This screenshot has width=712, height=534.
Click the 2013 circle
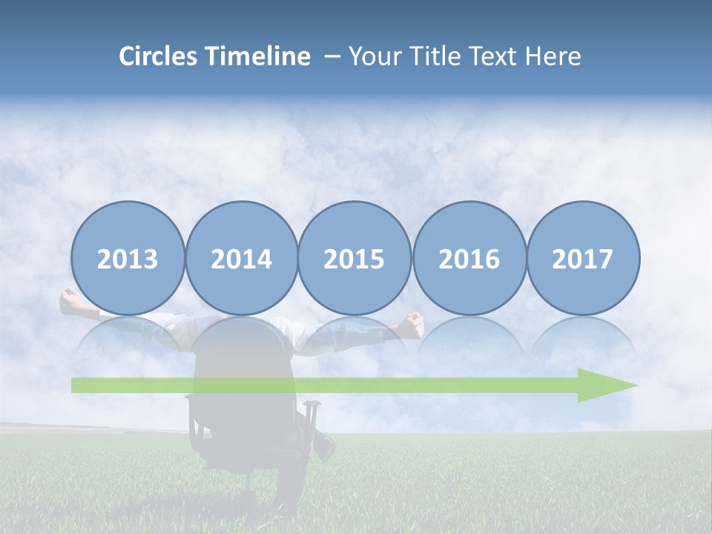tap(128, 258)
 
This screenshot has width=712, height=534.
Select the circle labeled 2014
tap(242, 258)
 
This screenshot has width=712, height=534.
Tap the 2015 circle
tap(355, 258)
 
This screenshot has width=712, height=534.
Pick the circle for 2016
tap(469, 258)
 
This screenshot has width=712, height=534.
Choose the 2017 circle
tap(583, 258)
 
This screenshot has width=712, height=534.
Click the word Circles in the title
tap(159, 56)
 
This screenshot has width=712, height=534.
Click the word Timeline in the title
tap(258, 56)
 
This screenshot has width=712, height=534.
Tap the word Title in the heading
tap(426, 56)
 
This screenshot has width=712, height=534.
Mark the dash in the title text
tap(332, 57)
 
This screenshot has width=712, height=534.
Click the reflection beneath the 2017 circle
tap(583, 337)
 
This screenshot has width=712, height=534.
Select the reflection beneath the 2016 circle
tap(469, 337)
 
